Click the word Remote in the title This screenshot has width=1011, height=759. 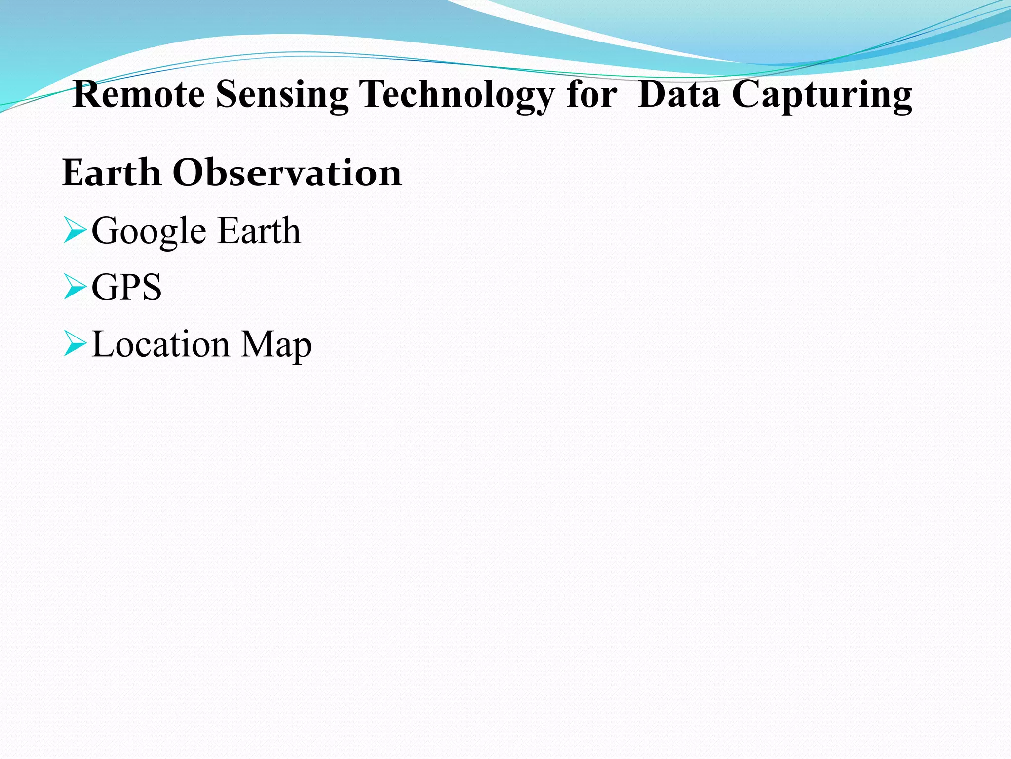coord(139,94)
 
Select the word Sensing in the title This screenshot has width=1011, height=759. coord(282,95)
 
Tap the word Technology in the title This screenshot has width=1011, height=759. coord(457,95)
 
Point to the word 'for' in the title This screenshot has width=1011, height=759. coord(592,94)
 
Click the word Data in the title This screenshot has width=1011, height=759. coord(679,94)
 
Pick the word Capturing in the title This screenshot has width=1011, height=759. coord(822,95)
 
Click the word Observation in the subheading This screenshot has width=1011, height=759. coord(287,172)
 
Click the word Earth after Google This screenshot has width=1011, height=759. coord(259,230)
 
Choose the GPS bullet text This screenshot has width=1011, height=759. coord(126,287)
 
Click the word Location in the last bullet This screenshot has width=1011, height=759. coord(161,344)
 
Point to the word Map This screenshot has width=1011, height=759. coord(276,345)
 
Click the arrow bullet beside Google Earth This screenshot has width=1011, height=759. coord(75,231)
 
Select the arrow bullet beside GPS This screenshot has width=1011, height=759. coord(75,288)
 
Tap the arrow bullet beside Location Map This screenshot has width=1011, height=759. coord(75,344)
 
